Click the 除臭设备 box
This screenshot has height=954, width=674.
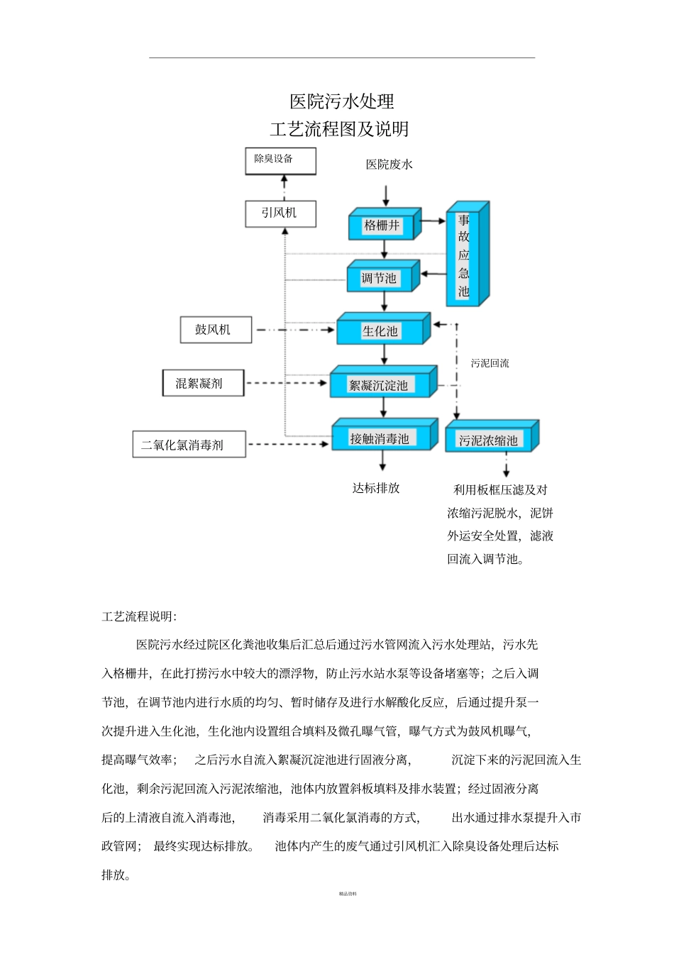pos(280,160)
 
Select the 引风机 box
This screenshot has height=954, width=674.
pos(280,213)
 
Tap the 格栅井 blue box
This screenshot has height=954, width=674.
pos(382,226)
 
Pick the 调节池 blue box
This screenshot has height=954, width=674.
pos(380,278)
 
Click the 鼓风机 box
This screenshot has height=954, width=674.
pos(216,330)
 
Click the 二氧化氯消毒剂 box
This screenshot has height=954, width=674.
pos(189,445)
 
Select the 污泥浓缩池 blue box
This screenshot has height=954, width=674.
pos(489,440)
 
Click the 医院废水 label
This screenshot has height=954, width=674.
pos(389,165)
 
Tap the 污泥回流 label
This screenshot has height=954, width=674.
pos(490,363)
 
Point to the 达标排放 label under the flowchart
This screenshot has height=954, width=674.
pos(376,488)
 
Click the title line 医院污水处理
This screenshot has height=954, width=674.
pos(342,101)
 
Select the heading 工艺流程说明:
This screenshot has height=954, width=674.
pos(139,616)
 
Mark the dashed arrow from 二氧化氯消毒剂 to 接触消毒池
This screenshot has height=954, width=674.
pos(289,445)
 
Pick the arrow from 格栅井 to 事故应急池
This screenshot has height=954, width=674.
pos(432,221)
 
